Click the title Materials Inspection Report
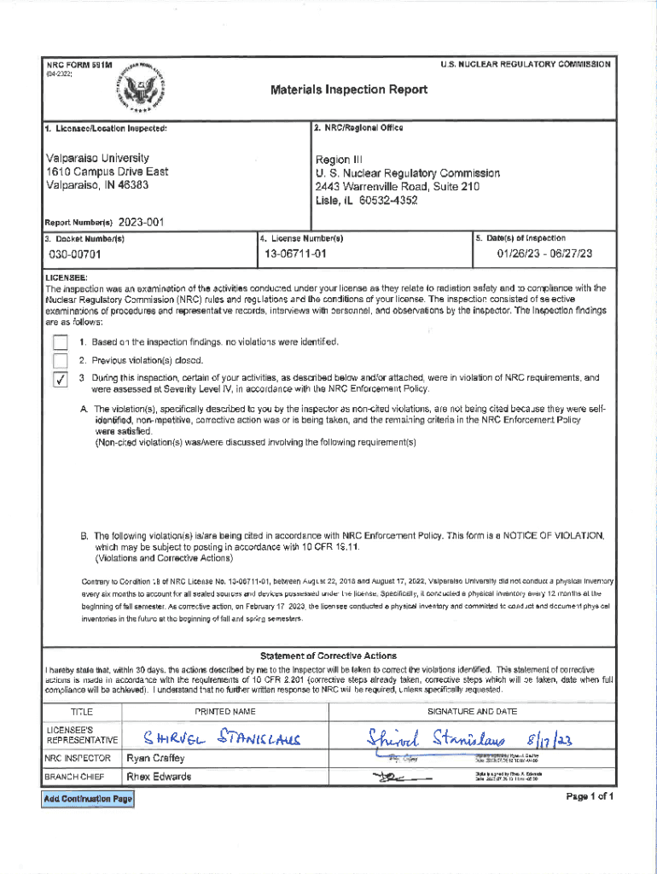click(x=349, y=90)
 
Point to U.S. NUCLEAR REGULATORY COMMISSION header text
click(x=525, y=65)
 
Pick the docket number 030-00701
click(x=75, y=254)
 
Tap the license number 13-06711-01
click(x=295, y=254)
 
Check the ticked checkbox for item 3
click(x=60, y=381)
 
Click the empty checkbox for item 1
click(x=60, y=342)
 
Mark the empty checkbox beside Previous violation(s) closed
click(x=60, y=360)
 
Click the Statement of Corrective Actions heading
click(x=328, y=655)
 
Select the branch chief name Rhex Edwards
click(x=159, y=777)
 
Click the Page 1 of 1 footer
click(x=590, y=797)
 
